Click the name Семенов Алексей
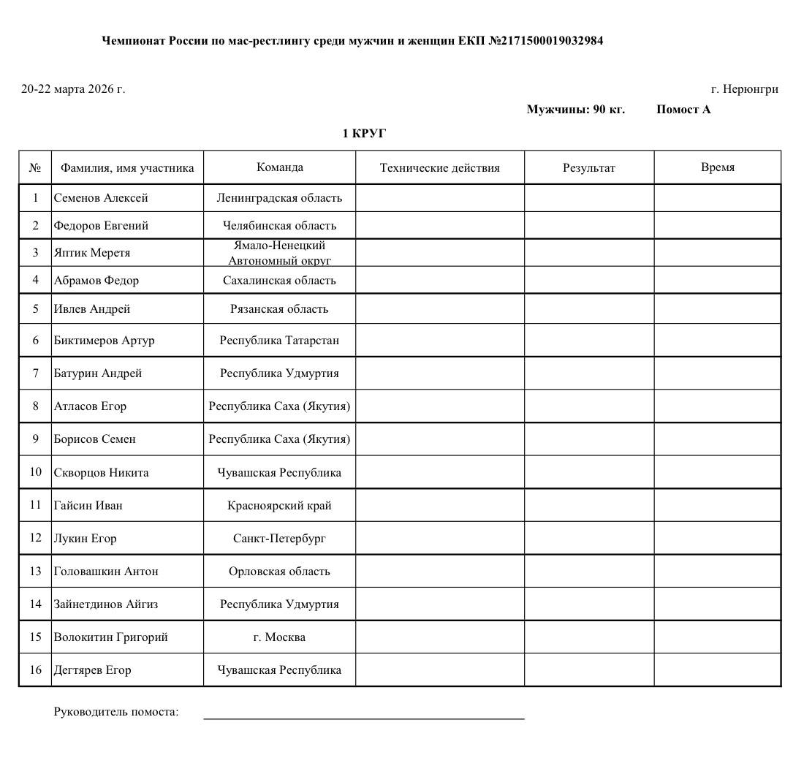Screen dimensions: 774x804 pos(101,198)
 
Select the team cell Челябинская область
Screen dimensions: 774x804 pos(279,226)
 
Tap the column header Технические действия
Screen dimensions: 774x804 pos(439,168)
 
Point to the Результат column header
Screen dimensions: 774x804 pos(588,168)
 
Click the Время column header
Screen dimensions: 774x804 pos(717,167)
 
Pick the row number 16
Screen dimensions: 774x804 pos(35,669)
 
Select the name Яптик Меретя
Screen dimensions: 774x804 pos(91,253)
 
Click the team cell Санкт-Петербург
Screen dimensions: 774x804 pos(279,539)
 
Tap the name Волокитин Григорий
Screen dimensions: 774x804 pos(110,637)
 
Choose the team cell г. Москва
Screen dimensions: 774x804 pos(279,637)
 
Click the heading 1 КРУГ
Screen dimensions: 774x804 pos(364,134)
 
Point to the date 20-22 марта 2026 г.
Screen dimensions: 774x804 pos(73,89)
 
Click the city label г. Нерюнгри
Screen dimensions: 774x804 pos(744,89)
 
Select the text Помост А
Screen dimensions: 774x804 pos(683,110)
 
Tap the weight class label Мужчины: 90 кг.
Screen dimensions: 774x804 pos(575,110)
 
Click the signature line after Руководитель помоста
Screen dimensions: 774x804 pos(363,718)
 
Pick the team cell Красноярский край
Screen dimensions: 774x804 pos(279,506)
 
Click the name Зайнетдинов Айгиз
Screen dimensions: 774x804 pos(105,604)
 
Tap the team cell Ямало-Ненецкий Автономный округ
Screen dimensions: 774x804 pos(279,253)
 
